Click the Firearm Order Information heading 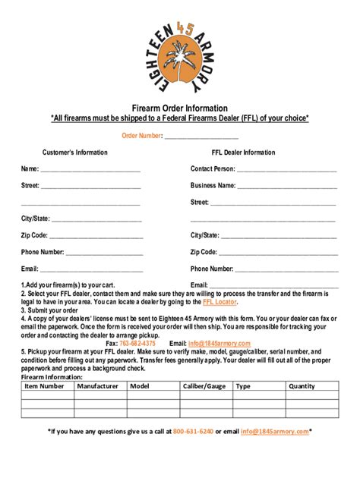179,108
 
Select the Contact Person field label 213,168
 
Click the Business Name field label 213,185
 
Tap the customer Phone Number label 43,252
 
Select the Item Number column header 44,386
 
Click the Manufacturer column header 97,386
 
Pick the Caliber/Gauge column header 204,386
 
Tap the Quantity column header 302,386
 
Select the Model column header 139,386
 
